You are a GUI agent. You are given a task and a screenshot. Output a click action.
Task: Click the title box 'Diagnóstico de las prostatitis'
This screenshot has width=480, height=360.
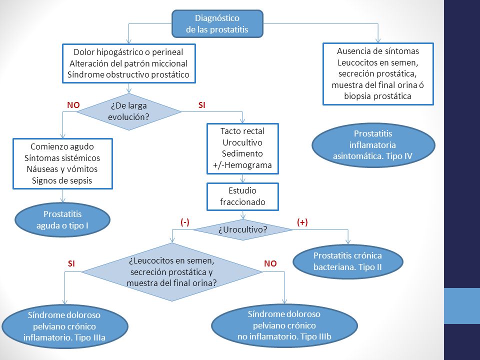point(217,24)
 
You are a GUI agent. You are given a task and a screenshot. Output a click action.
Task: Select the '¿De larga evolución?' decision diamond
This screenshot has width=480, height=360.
point(129,111)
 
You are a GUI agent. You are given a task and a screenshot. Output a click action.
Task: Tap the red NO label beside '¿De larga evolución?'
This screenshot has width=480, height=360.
point(73,105)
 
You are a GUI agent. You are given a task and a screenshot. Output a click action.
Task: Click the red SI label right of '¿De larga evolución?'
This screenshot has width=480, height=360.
point(201,105)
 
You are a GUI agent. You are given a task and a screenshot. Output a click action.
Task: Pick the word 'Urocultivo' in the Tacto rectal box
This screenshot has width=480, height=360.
point(242,142)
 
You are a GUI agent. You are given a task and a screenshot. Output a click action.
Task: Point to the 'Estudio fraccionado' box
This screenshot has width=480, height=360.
point(243,197)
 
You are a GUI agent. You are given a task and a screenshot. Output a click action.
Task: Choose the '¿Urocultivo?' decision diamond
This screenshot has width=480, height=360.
point(243,229)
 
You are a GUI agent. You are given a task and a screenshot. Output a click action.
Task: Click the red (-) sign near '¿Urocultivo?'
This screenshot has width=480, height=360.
point(185,222)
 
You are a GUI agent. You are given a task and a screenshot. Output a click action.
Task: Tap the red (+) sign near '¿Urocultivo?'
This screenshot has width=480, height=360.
point(302,222)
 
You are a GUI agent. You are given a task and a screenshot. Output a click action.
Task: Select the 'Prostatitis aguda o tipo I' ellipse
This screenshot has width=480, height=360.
point(62,220)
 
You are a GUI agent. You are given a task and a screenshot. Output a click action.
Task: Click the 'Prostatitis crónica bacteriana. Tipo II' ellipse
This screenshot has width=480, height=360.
point(348,261)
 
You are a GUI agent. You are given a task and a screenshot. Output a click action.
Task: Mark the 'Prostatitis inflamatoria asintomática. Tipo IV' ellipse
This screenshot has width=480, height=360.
point(373,145)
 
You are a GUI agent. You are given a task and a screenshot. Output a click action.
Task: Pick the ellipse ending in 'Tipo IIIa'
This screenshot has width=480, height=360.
point(64,326)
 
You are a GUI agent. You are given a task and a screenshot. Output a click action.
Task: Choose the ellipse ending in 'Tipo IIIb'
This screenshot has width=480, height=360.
point(284,325)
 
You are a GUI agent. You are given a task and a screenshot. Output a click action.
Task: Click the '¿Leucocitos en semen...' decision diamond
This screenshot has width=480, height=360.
point(172,272)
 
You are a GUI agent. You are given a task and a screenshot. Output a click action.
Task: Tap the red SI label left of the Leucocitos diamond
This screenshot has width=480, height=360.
point(71,263)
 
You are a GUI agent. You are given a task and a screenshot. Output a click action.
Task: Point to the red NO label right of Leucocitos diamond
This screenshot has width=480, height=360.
point(270,263)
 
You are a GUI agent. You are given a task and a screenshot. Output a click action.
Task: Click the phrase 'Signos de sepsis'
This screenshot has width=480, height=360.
point(62,180)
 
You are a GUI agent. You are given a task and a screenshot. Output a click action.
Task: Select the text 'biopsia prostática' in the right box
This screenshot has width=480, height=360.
point(377,96)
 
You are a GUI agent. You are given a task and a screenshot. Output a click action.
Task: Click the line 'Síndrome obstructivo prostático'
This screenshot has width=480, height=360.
point(128,74)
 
